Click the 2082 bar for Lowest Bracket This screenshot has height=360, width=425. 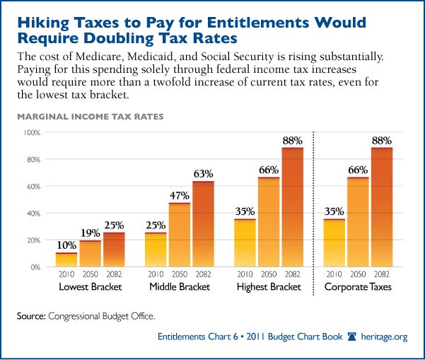113,250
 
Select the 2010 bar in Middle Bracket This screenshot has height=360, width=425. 156,250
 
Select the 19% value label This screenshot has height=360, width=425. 90,233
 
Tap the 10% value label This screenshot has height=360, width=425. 67,245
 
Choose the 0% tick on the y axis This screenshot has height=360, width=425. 36,267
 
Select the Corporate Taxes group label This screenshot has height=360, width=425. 358,287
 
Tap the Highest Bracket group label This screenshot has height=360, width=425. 269,287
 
